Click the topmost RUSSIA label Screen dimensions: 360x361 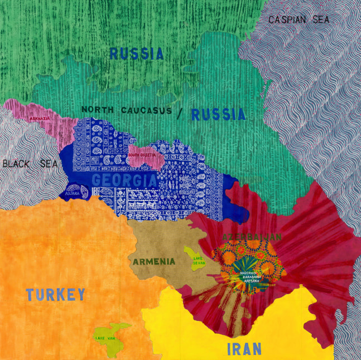coord(137,54)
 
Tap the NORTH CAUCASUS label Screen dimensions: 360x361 coord(126,110)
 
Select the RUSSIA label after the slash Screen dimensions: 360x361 coord(218,115)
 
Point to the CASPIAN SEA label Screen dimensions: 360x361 coord(299,20)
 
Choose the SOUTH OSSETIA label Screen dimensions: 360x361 coord(142,155)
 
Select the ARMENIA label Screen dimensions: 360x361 coord(153,261)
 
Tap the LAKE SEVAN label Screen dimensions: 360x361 coord(198,262)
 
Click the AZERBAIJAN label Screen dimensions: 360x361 coord(252,237)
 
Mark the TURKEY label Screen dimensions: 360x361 coord(56,294)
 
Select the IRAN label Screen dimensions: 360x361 coord(244,349)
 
